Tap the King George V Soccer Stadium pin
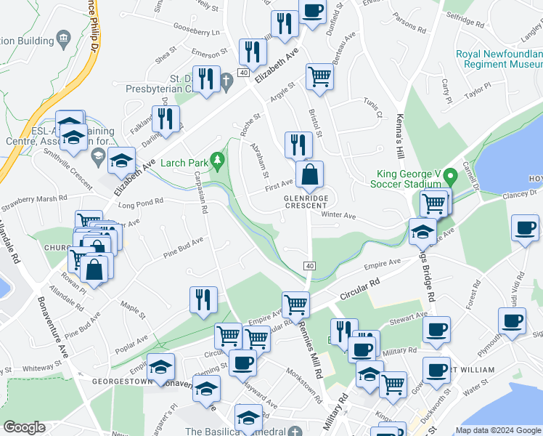click(x=451, y=175)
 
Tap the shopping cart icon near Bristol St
click(x=319, y=76)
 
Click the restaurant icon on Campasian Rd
click(x=203, y=299)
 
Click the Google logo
click(x=24, y=427)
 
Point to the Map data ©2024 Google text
click(x=497, y=430)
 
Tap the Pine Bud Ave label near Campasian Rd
click(x=182, y=245)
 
